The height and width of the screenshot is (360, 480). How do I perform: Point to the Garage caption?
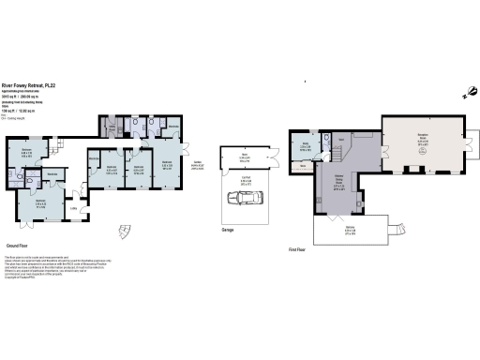pyautogui.click(x=226, y=228)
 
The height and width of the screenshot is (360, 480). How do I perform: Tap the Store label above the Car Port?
pyautogui.click(x=244, y=155)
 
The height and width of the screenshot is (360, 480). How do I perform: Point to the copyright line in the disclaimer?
pyautogui.click(x=21, y=277)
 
